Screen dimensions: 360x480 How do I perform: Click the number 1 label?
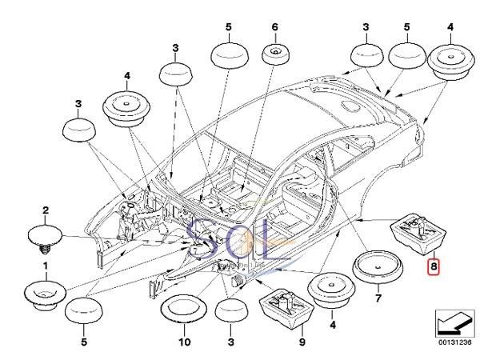[x=45, y=265]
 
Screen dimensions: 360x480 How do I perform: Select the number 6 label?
[x=275, y=26]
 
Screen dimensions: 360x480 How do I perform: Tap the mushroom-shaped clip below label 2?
[x=45, y=236]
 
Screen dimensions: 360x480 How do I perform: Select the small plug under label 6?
[x=275, y=57]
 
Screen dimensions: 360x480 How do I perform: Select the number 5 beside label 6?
[x=228, y=26]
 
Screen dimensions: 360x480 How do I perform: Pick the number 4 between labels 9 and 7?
[x=331, y=326]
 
